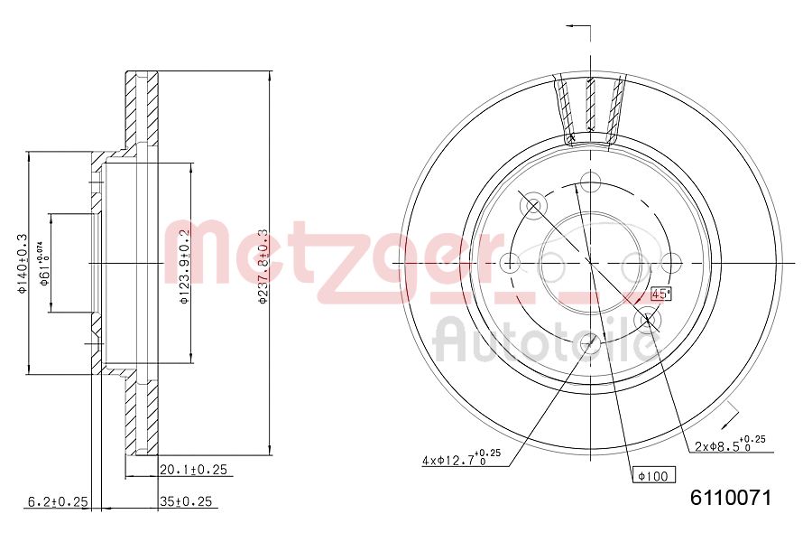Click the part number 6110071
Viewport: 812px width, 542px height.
click(732, 498)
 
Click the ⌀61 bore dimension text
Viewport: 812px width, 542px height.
click(42, 263)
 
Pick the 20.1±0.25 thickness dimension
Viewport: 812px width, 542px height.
click(193, 470)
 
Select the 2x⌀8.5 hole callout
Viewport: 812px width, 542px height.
click(730, 444)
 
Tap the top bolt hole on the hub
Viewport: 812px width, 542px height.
click(590, 182)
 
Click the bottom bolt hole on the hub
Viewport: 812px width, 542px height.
click(590, 342)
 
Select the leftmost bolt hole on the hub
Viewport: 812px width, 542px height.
click(510, 263)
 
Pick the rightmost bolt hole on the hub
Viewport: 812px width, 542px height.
click(670, 263)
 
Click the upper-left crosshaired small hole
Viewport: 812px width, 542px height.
click(533, 206)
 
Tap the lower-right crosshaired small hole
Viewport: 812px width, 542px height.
click(647, 320)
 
